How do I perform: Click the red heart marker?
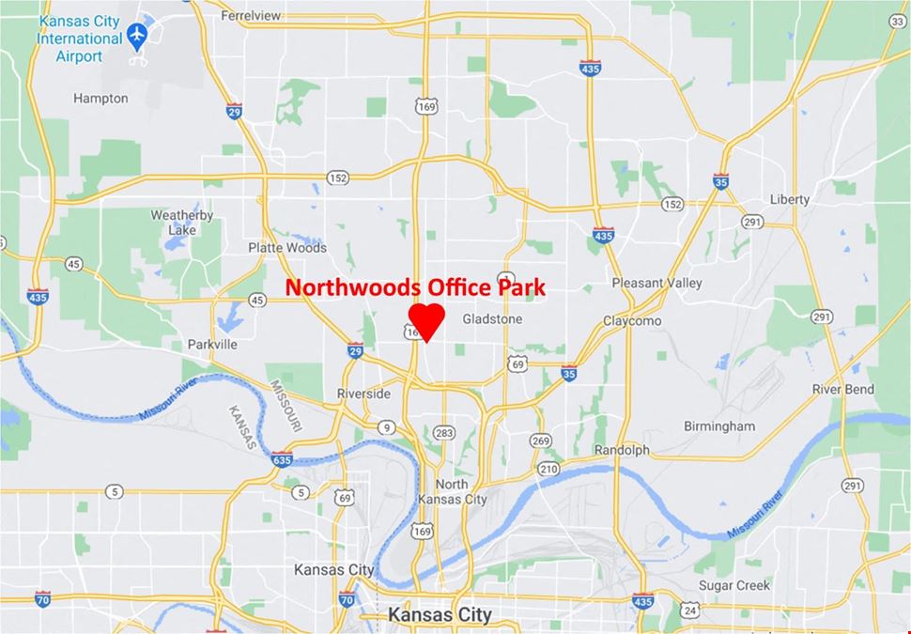click(426, 320)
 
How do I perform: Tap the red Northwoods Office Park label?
click(415, 287)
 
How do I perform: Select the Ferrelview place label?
click(251, 16)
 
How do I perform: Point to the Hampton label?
click(100, 98)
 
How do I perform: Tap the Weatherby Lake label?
click(182, 222)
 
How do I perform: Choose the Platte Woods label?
click(287, 248)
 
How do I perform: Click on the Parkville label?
click(211, 344)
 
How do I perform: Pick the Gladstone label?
click(491, 319)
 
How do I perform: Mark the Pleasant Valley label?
click(656, 283)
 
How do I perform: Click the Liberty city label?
click(789, 200)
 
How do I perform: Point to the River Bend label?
click(842, 389)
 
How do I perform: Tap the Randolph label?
click(622, 450)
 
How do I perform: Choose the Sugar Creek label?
click(733, 585)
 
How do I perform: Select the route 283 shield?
click(444, 433)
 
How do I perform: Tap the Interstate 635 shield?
click(283, 459)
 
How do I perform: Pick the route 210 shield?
click(548, 469)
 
